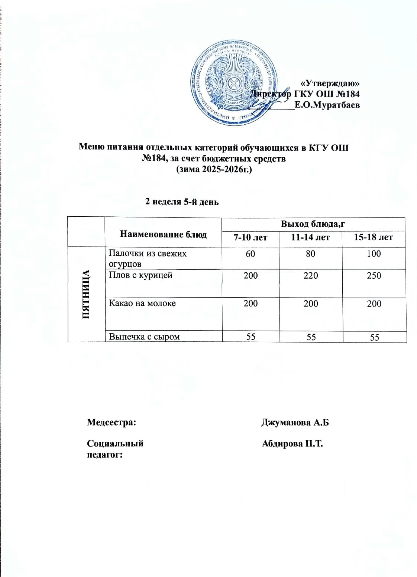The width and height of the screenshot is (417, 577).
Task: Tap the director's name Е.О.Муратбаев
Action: point(327,105)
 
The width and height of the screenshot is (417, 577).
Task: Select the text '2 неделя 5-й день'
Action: point(182,202)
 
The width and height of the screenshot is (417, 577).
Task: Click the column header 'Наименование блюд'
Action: point(164,234)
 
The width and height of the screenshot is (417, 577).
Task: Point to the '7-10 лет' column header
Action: point(250,237)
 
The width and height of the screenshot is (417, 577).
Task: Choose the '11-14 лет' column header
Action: point(310,237)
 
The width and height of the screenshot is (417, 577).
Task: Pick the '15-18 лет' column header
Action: point(374,237)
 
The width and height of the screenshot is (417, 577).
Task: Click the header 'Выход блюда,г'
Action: point(311,224)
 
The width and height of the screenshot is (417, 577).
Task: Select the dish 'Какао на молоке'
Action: point(142,303)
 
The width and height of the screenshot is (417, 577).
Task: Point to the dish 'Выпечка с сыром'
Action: point(144,337)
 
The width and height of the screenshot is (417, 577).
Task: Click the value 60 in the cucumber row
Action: point(250,254)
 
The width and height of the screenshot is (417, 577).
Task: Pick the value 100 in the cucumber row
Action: point(374,254)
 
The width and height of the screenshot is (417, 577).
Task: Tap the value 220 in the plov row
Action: point(310,276)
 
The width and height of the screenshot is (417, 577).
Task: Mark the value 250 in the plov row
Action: point(374,276)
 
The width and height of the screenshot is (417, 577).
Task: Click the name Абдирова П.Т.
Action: point(292,443)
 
